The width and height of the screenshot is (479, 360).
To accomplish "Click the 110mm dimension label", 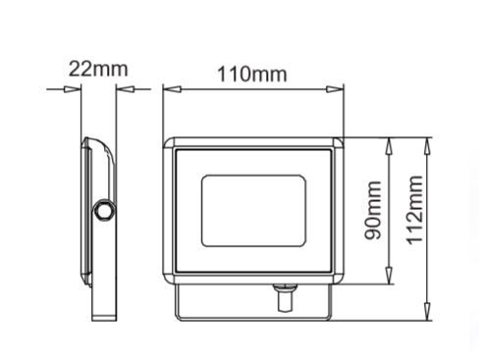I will [253, 75].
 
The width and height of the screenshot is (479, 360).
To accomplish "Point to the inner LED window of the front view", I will [252, 210].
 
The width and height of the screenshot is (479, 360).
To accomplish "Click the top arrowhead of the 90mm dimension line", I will [392, 143].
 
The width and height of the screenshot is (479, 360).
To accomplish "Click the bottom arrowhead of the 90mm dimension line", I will [392, 280].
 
